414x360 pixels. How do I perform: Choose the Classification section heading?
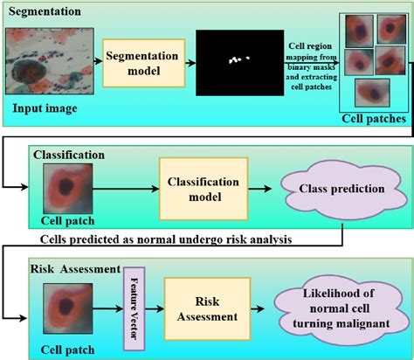click(x=69, y=155)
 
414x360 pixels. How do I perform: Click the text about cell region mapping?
click(x=312, y=62)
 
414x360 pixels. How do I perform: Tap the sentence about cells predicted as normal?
click(x=166, y=239)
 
